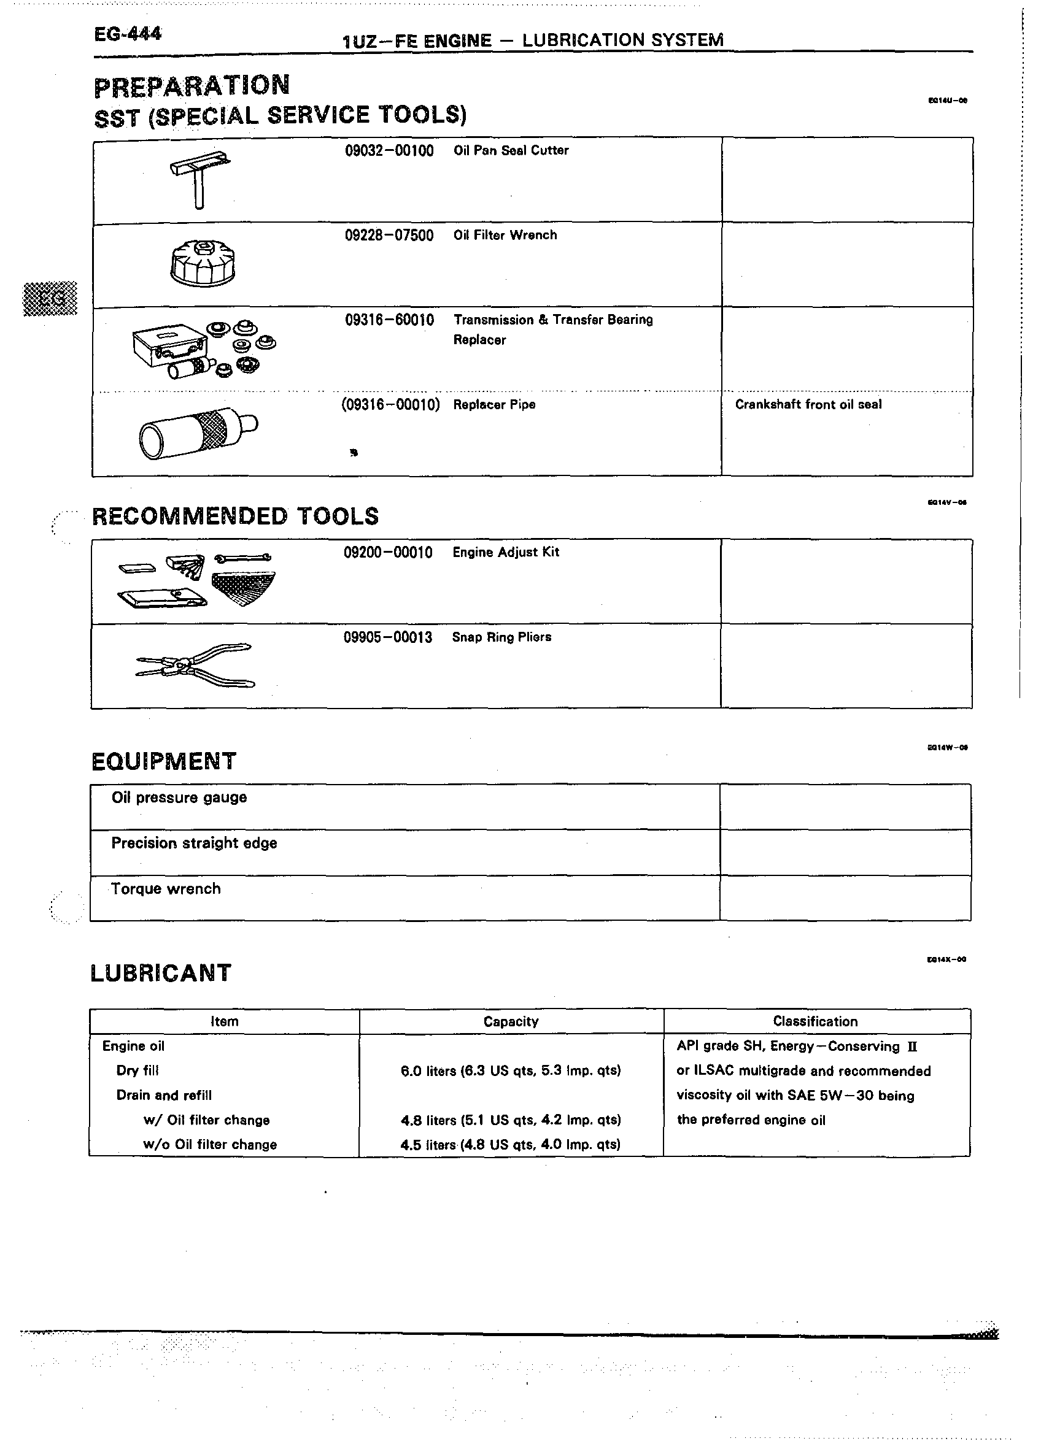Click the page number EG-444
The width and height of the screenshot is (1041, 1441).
point(128,34)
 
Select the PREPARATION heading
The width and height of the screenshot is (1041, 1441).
point(192,86)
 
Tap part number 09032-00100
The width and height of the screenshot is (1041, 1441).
point(389,151)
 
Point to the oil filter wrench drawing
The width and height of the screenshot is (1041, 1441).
point(203,263)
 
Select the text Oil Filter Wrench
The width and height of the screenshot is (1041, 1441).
point(505,235)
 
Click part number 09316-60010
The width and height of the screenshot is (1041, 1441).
point(389,320)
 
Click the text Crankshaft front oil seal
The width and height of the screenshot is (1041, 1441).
point(808,405)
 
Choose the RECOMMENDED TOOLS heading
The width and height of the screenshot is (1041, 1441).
point(235,516)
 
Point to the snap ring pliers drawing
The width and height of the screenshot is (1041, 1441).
point(196,665)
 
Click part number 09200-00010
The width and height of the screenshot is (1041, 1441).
point(388,553)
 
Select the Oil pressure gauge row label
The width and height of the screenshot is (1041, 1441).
point(179,797)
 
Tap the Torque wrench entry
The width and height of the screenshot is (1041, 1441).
point(166,889)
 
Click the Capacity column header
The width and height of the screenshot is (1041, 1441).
point(510,1021)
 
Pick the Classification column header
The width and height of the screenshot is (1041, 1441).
point(815,1021)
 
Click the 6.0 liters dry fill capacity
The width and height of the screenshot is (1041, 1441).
point(510,1071)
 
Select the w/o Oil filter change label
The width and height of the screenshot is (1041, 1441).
point(210,1144)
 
